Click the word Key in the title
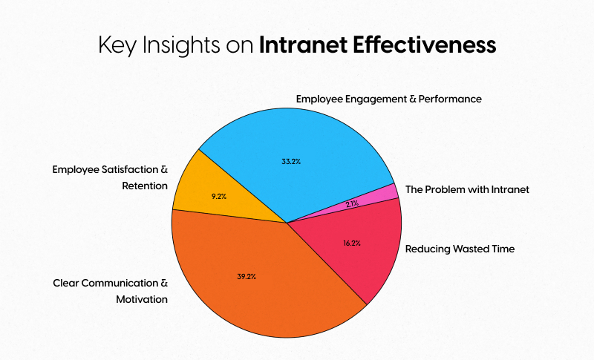(117, 45)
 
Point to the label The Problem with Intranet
(467, 189)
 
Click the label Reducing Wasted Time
(460, 249)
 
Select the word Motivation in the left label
(142, 299)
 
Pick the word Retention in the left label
(145, 185)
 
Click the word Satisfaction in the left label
(128, 168)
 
